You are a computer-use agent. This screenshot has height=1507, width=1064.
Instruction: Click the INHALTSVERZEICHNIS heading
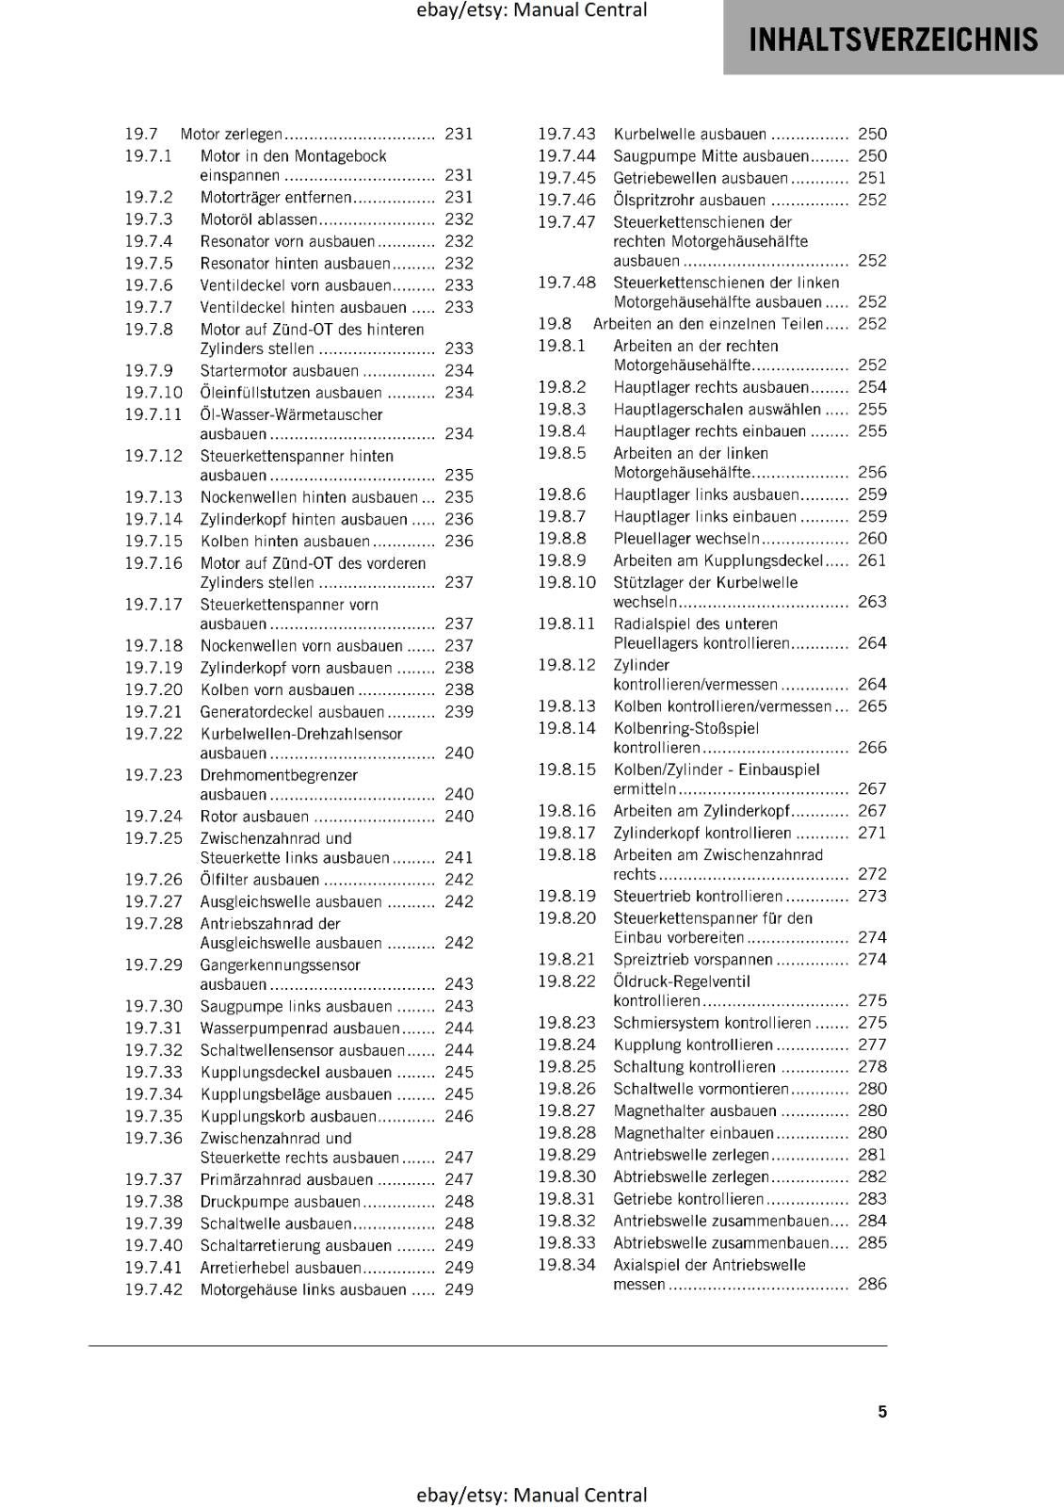pyautogui.click(x=893, y=40)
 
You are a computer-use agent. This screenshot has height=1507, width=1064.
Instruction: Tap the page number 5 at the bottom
pyautogui.click(x=882, y=1411)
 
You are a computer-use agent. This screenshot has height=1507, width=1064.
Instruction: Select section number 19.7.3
pyautogui.click(x=149, y=219)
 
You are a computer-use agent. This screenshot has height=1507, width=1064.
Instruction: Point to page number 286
pyautogui.click(x=872, y=1284)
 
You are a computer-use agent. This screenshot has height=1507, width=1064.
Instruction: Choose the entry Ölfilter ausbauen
pyautogui.click(x=260, y=880)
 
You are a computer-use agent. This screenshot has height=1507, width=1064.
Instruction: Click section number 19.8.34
pyautogui.click(x=567, y=1265)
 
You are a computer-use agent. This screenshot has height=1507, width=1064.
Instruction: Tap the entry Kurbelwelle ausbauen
pyautogui.click(x=689, y=135)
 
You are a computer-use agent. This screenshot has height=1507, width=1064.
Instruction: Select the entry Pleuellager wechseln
pyautogui.click(x=686, y=539)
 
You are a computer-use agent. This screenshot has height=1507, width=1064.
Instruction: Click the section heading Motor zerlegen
pyautogui.click(x=231, y=135)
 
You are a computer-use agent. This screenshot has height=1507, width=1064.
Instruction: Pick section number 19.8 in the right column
pyautogui.click(x=555, y=324)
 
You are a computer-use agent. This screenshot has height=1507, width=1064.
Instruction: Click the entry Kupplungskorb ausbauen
pyautogui.click(x=288, y=1116)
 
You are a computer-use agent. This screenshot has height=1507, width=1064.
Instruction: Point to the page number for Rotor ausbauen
pyautogui.click(x=459, y=817)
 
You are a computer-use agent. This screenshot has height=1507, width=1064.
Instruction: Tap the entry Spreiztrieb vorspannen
pyautogui.click(x=692, y=960)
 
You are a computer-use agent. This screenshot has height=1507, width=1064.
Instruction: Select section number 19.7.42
pyautogui.click(x=153, y=1289)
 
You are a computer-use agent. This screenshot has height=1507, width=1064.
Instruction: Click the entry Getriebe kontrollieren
pyautogui.click(x=688, y=1199)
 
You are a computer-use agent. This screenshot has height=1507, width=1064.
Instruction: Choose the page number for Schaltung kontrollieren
pyautogui.click(x=872, y=1067)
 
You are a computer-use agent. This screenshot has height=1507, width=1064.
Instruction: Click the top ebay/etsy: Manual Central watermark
pyautogui.click(x=531, y=10)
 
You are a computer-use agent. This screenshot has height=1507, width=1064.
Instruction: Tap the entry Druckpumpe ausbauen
pyautogui.click(x=280, y=1202)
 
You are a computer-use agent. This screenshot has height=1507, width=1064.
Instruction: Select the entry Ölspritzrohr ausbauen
pyautogui.click(x=689, y=201)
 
